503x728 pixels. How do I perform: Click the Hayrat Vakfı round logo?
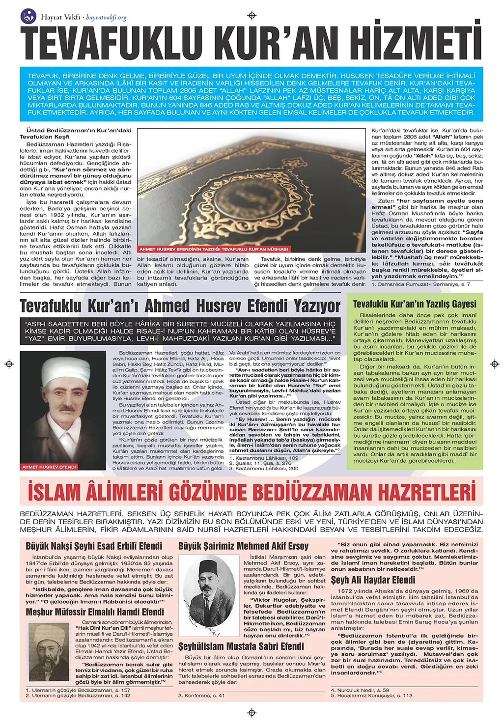(28, 16)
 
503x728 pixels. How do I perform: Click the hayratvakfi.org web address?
(106, 18)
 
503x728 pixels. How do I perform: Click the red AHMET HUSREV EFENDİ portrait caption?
(49, 467)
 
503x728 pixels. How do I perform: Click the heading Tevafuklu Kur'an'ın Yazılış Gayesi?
(415, 304)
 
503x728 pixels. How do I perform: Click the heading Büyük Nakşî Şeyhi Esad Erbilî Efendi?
(94, 546)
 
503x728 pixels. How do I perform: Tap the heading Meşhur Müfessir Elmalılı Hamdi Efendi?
(95, 612)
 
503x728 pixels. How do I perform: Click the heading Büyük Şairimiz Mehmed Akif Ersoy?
(243, 546)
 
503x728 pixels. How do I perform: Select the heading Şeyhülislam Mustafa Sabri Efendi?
(241, 646)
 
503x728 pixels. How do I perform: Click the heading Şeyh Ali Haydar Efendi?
(373, 580)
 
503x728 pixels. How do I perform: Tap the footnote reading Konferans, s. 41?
(201, 695)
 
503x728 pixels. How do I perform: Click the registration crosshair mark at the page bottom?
(252, 713)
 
